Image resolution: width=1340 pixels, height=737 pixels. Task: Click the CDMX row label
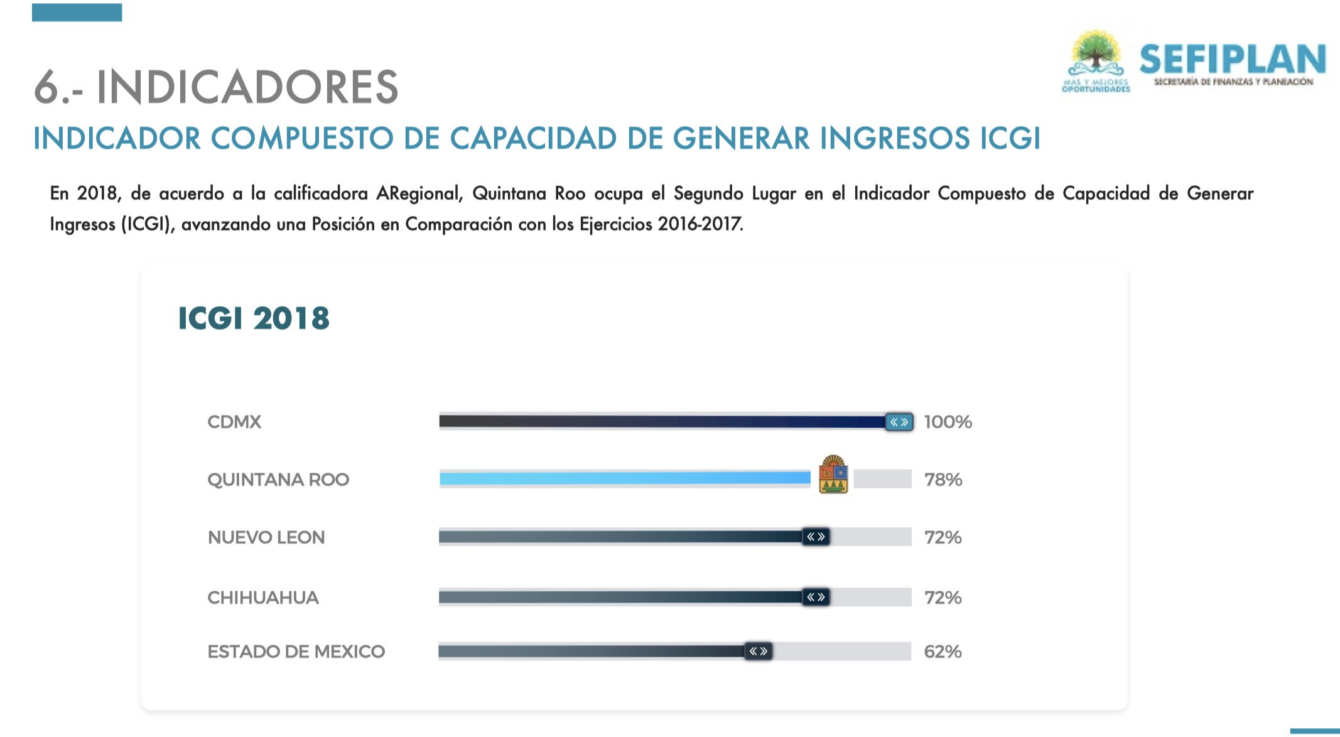[234, 422]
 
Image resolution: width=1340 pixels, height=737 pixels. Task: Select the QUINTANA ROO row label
[278, 480]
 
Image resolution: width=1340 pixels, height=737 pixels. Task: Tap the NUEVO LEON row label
[266, 537]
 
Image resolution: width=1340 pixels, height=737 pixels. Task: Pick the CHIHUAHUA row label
[263, 598]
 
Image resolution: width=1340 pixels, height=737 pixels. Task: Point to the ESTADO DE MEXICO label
[296, 652]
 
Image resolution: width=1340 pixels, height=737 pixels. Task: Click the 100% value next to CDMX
[948, 422]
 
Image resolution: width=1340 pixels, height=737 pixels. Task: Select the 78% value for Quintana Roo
[943, 480]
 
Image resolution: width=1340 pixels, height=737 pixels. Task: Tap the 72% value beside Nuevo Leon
[943, 537]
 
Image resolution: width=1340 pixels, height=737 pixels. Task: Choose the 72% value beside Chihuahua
[943, 598]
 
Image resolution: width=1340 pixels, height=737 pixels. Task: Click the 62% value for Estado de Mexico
[943, 652]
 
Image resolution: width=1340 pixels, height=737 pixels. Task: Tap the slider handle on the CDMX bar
[899, 422]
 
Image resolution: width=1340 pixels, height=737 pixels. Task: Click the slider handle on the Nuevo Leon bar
[816, 537]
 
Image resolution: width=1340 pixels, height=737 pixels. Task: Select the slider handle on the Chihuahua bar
[816, 597]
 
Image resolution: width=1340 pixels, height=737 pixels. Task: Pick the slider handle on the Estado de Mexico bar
[759, 651]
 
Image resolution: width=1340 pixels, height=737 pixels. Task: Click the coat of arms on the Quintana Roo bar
[833, 475]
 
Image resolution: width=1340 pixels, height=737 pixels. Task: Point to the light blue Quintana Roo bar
[625, 478]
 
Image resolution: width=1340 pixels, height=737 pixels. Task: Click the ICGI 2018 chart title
[254, 318]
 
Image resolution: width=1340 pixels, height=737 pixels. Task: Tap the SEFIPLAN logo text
[1233, 60]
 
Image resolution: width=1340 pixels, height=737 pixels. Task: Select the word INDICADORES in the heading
[247, 87]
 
